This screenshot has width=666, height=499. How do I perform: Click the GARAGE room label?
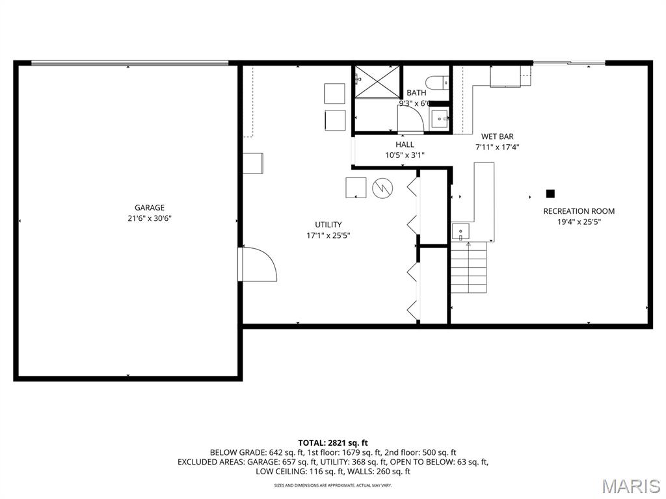click(150, 208)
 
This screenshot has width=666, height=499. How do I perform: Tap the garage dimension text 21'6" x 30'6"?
click(150, 219)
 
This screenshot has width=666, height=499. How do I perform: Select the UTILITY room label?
click(328, 225)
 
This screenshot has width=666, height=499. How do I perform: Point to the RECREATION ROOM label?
click(579, 211)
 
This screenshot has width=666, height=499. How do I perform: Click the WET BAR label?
click(498, 136)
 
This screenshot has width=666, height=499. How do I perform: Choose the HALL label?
click(405, 144)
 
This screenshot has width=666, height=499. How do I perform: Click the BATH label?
click(416, 93)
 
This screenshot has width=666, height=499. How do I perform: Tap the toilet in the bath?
click(436, 82)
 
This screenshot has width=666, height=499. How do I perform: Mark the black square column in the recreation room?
click(550, 193)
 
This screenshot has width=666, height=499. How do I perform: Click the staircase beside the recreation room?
click(469, 268)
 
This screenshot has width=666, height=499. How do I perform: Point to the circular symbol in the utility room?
click(382, 188)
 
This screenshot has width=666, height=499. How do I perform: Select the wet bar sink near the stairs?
click(460, 231)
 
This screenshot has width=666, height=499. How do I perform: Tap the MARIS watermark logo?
click(630, 485)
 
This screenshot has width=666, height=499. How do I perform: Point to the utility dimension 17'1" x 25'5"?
click(328, 236)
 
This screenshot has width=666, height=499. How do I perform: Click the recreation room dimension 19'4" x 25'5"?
click(579, 222)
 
